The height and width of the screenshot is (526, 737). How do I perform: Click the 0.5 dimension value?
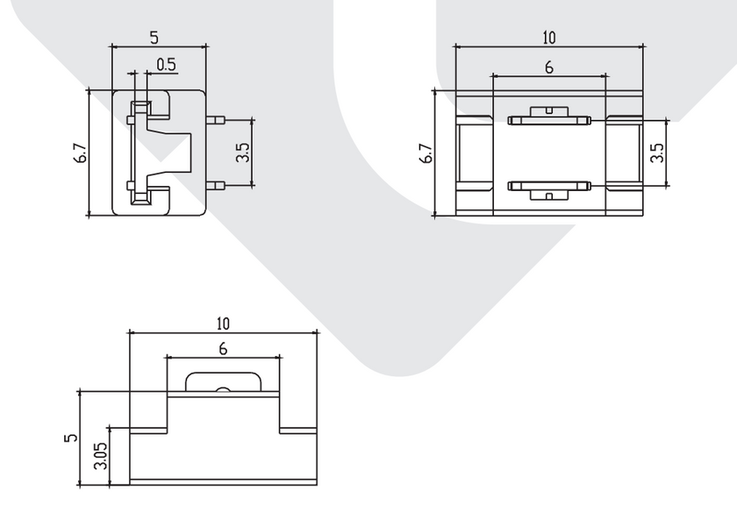coord(167,64)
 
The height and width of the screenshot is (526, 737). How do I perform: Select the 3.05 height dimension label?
coord(101,456)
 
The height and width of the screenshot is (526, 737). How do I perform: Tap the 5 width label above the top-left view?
coord(154,38)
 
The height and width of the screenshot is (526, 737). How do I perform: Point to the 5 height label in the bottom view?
coord(71,437)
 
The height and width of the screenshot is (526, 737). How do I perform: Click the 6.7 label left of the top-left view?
coord(81,153)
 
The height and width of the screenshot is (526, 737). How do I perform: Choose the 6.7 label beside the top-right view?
coord(426,153)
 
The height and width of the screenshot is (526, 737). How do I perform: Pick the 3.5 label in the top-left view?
coord(242,153)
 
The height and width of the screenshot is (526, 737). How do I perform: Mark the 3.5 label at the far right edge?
coord(657,153)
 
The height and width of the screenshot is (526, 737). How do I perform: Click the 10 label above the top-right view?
coord(548,38)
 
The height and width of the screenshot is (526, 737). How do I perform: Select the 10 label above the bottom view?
coord(223,323)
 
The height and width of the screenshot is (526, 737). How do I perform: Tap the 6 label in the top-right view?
coord(549,68)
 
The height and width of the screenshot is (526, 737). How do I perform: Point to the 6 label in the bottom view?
coord(223,349)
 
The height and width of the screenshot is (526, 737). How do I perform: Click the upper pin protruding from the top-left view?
coord(216,120)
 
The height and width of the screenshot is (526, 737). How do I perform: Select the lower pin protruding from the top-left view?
coord(216,186)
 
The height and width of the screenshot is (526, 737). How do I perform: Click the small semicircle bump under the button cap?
coord(223,389)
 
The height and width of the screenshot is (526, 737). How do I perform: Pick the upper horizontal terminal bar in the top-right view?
coord(549,121)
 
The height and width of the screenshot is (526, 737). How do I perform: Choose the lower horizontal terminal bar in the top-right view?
coord(549,186)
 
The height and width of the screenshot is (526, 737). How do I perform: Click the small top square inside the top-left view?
coord(141,109)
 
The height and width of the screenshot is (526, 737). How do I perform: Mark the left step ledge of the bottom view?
coord(148,430)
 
